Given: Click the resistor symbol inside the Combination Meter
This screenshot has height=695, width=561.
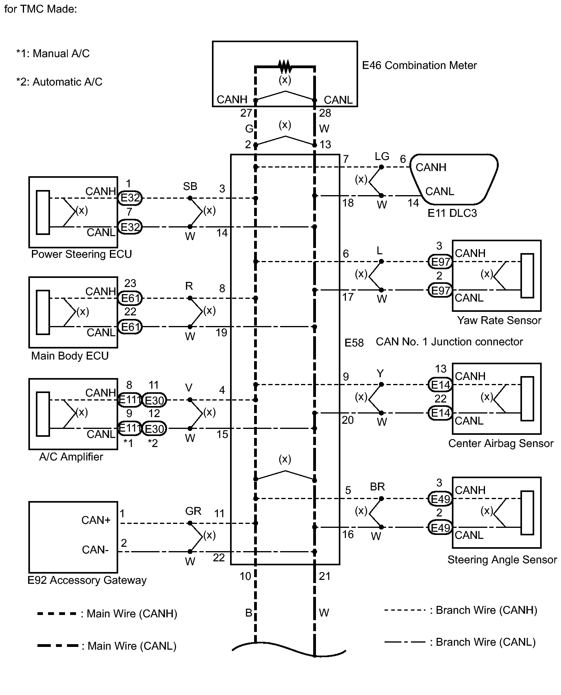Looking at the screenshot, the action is coord(285,66).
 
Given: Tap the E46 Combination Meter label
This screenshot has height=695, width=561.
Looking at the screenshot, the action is coord(420,65).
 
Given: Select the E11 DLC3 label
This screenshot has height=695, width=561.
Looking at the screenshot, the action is coord(452,213).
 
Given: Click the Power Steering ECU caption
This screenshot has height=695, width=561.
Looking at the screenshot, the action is coord(82,254).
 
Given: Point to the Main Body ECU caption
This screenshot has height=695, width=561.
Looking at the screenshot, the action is coord(70,356).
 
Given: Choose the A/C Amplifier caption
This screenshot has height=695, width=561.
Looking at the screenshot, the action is coord(71,457).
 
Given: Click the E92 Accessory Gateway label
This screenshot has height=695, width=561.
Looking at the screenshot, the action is coord(87,580).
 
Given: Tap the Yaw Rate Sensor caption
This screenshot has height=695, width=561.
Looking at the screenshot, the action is coord(499,320).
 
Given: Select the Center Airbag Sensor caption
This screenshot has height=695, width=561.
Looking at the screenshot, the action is coord(501,443).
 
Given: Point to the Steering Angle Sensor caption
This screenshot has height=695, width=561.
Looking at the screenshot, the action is coord(502,560).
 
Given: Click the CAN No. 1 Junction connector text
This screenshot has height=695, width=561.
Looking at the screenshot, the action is coord(450,342).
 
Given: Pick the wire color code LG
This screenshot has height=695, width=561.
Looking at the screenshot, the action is coord(382,157).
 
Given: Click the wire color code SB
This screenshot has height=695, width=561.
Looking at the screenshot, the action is coord(190,186).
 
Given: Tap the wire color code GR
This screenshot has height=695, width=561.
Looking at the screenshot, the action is coord(193,511).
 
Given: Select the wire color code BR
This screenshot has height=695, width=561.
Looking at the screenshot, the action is coord(377,487).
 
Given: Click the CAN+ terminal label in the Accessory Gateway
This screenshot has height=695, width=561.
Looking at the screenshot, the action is coord(96,520).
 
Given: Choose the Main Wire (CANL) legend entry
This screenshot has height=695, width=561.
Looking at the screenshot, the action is coord(107,646).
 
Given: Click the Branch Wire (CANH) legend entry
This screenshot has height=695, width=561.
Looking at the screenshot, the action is coord(461,611).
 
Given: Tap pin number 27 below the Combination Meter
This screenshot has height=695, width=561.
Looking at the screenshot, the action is coord(246,113).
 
